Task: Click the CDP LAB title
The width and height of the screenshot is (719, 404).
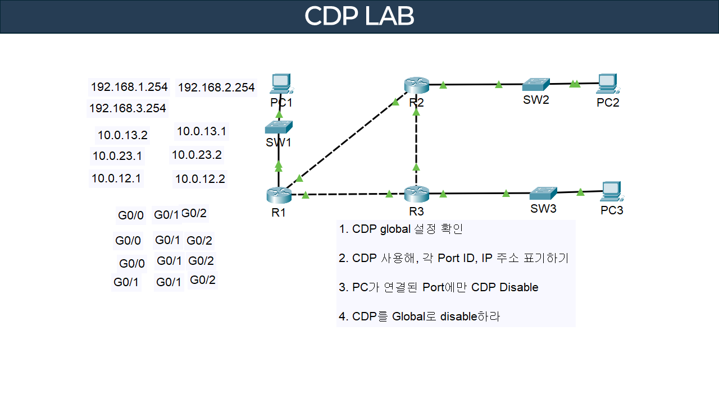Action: tap(359, 17)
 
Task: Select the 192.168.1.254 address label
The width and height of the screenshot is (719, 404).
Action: tap(129, 87)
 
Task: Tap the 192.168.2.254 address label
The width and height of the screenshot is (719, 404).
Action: tap(216, 88)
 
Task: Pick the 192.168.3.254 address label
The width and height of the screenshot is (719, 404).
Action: tap(128, 108)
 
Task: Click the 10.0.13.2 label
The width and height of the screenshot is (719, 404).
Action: tap(122, 135)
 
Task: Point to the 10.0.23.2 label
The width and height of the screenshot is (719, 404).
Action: tap(197, 155)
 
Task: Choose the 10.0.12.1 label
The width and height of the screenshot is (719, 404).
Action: tap(116, 178)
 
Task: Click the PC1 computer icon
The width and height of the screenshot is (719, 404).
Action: tap(279, 84)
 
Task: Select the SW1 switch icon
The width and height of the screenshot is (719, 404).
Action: tap(279, 127)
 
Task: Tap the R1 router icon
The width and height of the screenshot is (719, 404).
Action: tap(279, 195)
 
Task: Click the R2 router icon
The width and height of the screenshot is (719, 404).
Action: tap(416, 85)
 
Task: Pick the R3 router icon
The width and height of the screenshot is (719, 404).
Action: tap(416, 194)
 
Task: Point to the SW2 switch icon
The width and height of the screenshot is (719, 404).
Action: tap(535, 84)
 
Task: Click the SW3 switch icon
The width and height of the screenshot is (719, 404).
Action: tap(543, 193)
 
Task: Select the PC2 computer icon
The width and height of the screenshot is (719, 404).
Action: tap(607, 83)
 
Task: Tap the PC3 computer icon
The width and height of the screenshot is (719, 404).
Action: tap(611, 191)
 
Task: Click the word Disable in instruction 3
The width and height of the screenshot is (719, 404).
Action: tap(519, 287)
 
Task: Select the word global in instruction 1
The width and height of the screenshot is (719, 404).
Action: tap(395, 229)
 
